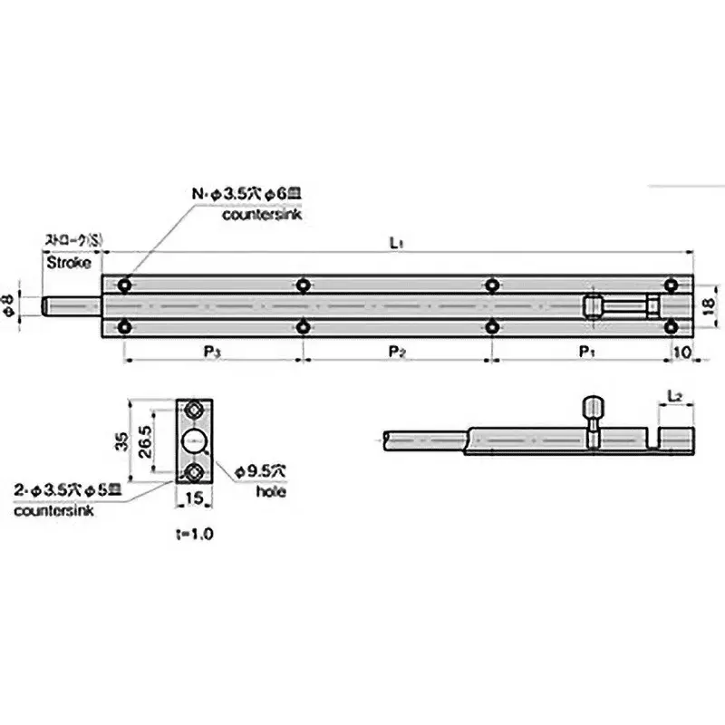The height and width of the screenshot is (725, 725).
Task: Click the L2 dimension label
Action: click(x=673, y=397)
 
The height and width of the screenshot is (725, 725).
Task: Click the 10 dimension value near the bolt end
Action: click(x=681, y=350)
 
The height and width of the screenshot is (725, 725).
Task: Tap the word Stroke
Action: click(x=68, y=264)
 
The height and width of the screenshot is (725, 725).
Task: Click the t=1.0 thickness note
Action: click(x=195, y=535)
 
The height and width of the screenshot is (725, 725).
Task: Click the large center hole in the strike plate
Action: click(x=195, y=441)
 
